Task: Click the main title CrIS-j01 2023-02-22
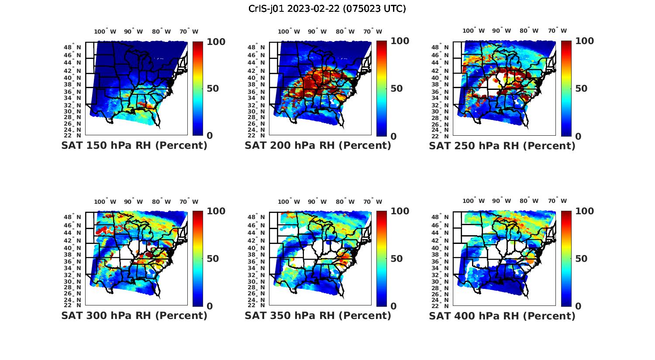[327, 8]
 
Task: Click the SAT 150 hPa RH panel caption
[134, 146]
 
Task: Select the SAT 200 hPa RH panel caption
[318, 146]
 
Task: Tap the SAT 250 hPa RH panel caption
[502, 146]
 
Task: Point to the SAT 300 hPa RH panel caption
[134, 315]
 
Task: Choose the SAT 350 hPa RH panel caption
[318, 315]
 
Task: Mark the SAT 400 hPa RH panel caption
[502, 315]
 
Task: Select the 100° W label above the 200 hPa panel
[289, 31]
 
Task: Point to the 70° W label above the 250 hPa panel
[558, 31]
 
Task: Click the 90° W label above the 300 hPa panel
[133, 202]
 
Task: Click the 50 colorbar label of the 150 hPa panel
[213, 89]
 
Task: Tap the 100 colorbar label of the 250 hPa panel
[584, 41]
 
